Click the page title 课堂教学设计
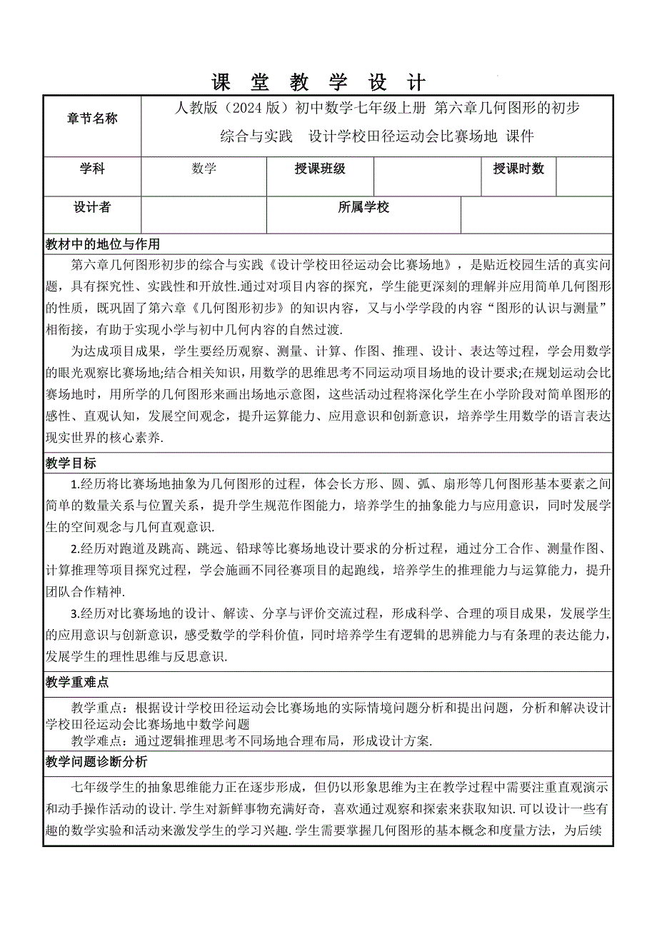[319, 82]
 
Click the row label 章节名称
[92, 119]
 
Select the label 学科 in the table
[92, 169]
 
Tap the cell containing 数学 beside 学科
[204, 169]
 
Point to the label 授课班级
[320, 169]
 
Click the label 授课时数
[518, 169]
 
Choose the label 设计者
[92, 207]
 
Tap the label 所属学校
[363, 207]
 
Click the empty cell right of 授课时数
[583, 176]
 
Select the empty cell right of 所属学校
[536, 215]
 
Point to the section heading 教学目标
[70, 463]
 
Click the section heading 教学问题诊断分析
[96, 762]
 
